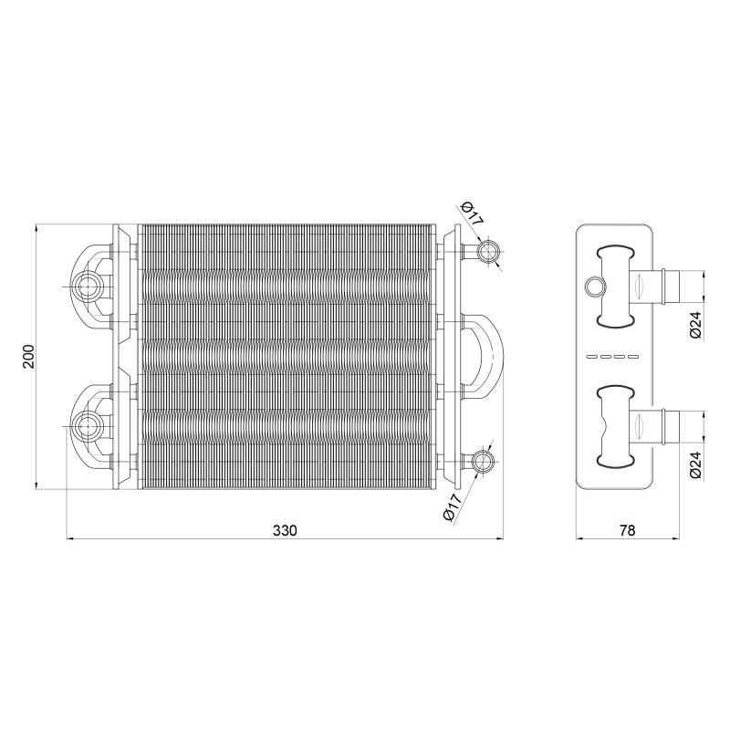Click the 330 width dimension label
pos(285,530)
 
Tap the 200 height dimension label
pos(29,356)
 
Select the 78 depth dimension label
pos(627,530)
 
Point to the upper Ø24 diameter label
pos(695,326)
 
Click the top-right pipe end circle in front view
pos(490,252)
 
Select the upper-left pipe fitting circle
pos(85,287)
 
